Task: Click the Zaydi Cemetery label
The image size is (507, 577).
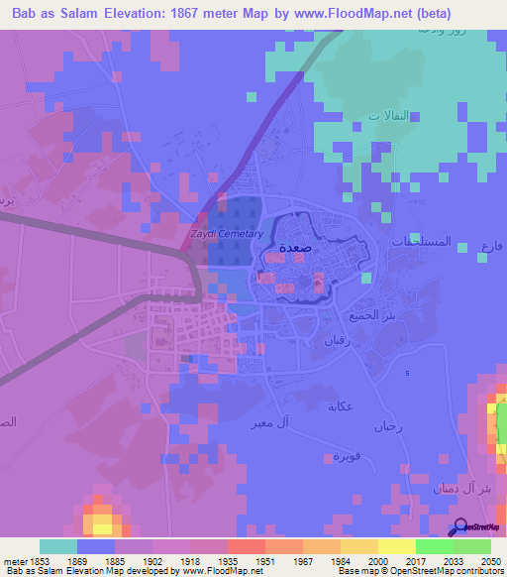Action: click(226, 234)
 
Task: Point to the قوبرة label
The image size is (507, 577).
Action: click(344, 456)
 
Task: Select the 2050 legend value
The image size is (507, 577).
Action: click(491, 561)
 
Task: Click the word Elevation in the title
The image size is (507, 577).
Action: click(143, 14)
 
